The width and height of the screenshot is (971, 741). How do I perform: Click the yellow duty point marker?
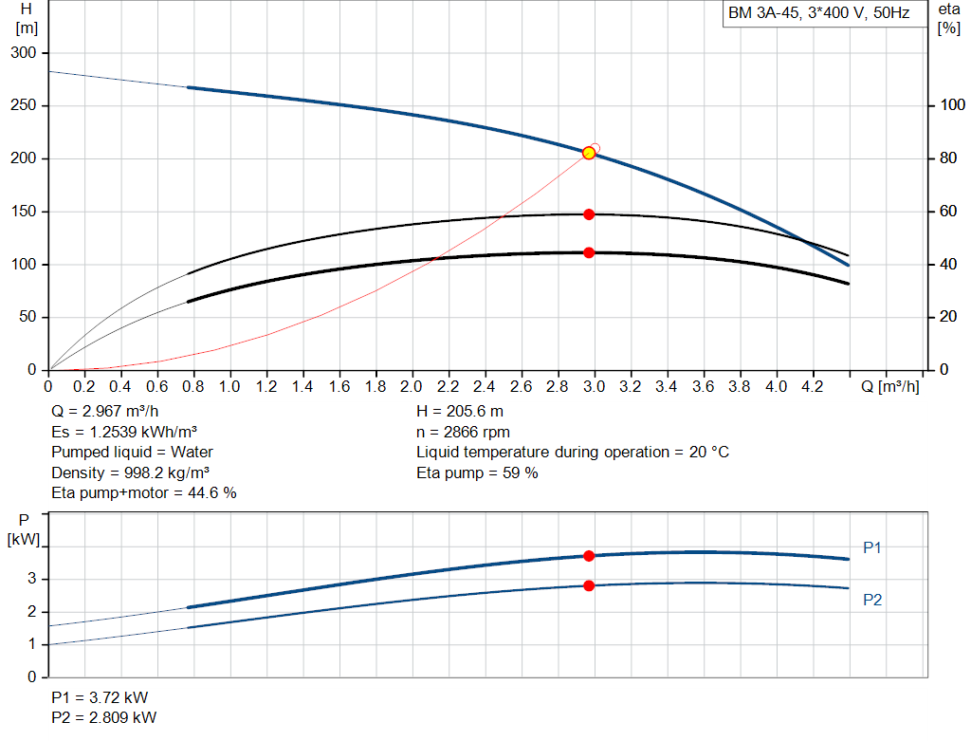pos(589,153)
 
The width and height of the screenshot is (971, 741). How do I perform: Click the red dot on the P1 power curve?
pos(589,556)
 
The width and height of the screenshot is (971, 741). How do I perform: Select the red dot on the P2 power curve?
pos(589,585)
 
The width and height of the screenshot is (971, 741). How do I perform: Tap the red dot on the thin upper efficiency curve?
pos(589,214)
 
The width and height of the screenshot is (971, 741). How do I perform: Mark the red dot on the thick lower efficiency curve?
pos(589,252)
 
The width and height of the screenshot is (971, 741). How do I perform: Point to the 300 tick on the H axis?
pos(24,53)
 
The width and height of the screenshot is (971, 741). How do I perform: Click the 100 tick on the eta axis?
pos(952,105)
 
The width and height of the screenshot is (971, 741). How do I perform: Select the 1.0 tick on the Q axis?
pos(229,386)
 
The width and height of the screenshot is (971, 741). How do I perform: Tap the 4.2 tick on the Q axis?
pos(813,386)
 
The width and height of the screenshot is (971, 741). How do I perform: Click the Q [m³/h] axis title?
pos(889,386)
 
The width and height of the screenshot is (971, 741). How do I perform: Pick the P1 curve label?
pos(872,547)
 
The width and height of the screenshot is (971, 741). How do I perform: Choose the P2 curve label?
pos(872,600)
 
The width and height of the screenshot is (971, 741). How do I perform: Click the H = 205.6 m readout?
pos(460,412)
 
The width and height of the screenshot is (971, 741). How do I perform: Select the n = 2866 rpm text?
pos(463,433)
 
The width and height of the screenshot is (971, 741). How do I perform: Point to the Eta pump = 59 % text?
pos(477,473)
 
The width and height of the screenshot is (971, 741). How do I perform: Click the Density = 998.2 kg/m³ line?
pos(130,473)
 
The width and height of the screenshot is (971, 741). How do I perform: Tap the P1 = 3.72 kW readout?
pos(100,697)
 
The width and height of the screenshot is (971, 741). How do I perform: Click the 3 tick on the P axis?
pos(31,580)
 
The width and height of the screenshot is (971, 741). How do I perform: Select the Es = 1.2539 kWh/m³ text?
pos(124,432)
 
